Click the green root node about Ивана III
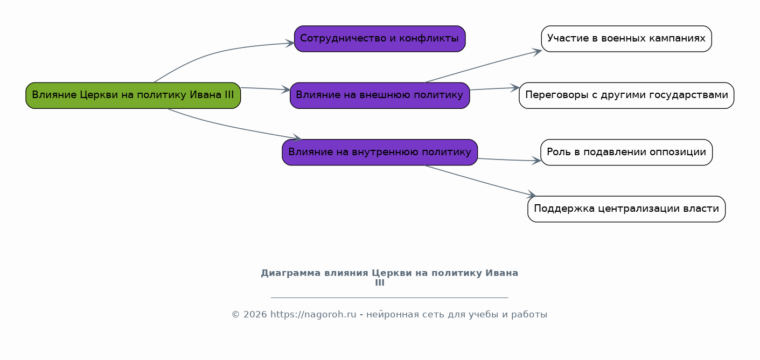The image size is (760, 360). [133, 95]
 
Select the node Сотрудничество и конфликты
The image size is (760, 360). [380, 39]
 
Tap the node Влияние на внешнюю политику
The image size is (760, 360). [380, 95]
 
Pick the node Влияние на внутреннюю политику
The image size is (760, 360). [380, 152]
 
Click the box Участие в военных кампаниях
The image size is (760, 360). [626, 39]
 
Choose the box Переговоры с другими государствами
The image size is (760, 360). [626, 95]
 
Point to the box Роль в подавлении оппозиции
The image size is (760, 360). [626, 152]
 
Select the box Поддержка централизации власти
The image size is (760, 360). [626, 209]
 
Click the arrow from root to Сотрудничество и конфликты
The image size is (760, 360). [215, 52]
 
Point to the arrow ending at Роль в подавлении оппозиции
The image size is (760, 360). [509, 160]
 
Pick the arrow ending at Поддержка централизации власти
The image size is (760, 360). [479, 180]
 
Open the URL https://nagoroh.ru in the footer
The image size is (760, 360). [313, 315]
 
